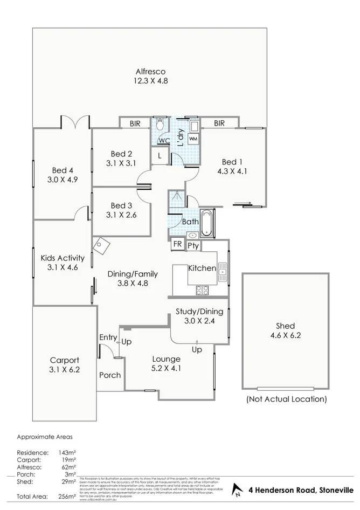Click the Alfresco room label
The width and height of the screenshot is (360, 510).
pyautogui.click(x=150, y=71)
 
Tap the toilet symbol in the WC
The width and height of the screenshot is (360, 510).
pyautogui.click(x=160, y=125)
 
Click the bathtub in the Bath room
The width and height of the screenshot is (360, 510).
pyautogui.click(x=207, y=224)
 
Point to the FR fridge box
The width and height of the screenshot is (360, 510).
pyautogui.click(x=177, y=245)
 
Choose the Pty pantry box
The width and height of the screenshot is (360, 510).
pyautogui.click(x=193, y=246)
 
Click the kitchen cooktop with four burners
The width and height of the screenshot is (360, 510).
pyautogui.click(x=203, y=291)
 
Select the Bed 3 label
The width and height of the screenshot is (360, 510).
pyautogui.click(x=121, y=205)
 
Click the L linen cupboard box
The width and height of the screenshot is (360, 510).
pyautogui.click(x=160, y=156)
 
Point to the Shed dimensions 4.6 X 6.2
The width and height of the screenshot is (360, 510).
pyautogui.click(x=285, y=335)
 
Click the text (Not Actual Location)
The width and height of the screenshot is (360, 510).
pyautogui.click(x=286, y=399)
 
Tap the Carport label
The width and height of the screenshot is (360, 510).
pyautogui.click(x=64, y=360)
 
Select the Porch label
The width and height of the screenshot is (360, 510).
pyautogui.click(x=110, y=375)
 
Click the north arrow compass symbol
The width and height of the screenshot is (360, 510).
pyautogui.click(x=236, y=490)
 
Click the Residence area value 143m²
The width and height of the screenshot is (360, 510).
pyautogui.click(x=67, y=452)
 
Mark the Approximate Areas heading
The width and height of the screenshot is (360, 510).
pyautogui.click(x=44, y=437)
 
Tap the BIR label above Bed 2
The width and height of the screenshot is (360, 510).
pyautogui.click(x=134, y=123)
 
